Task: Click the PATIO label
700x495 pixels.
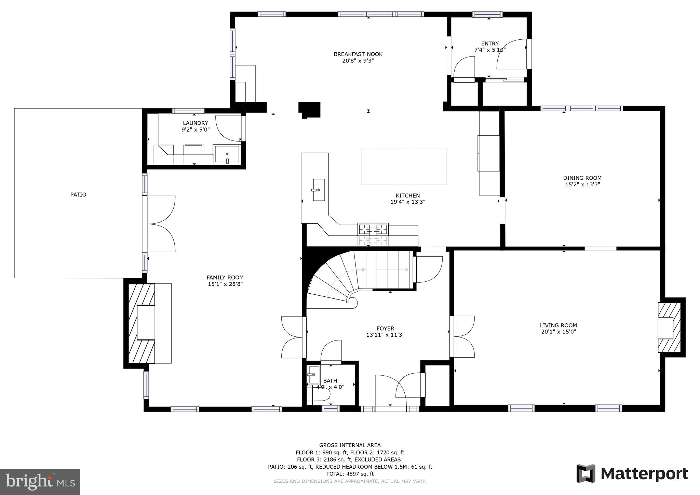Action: [78, 195]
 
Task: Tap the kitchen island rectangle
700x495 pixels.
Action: [404, 166]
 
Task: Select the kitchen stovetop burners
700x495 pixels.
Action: [373, 229]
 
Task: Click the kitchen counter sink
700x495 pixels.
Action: [319, 190]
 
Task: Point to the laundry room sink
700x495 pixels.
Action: [227, 155]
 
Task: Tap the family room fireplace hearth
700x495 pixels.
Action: [146, 323]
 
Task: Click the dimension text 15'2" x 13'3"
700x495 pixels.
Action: [582, 184]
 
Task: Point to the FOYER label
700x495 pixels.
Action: [385, 329]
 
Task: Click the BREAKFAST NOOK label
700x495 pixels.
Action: [358, 54]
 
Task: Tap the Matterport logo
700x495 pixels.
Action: [632, 474]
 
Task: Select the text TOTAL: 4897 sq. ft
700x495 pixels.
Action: [350, 474]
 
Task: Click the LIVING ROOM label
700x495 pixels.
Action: [558, 325]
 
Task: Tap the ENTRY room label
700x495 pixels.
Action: [490, 43]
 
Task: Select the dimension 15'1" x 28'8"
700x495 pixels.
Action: [225, 284]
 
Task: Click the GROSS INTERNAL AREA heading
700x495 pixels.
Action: [350, 445]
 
